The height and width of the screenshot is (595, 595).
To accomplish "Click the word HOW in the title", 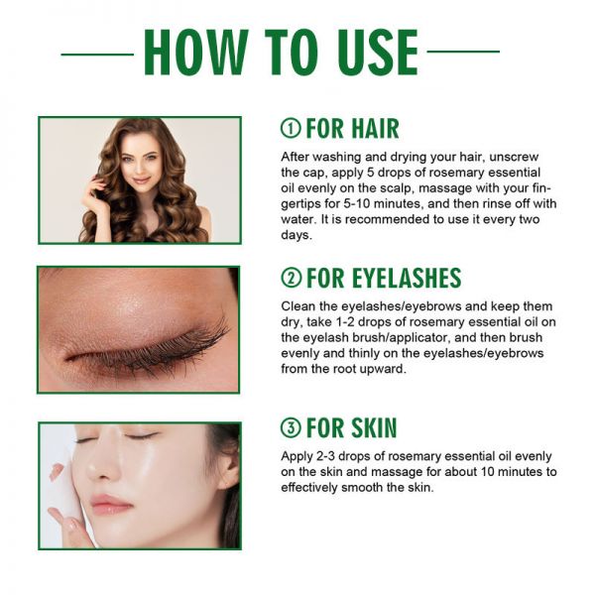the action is (195, 52).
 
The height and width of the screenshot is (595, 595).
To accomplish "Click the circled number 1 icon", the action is (291, 128).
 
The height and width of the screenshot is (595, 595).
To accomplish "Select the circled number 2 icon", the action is (291, 278).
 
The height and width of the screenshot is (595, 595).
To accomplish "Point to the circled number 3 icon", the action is (291, 427).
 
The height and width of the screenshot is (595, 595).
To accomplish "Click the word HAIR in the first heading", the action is (375, 128).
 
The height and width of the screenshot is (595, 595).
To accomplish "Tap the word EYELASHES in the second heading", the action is (407, 278).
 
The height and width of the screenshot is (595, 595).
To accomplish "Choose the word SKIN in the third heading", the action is (374, 427).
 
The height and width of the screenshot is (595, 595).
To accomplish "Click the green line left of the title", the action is (97, 55).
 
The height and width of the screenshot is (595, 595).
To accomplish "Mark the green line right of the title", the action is (463, 52).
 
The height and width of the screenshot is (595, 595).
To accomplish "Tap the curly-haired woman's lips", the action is (141, 179).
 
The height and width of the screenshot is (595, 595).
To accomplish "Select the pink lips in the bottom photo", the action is (110, 504).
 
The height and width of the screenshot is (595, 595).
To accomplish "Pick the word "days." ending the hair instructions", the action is (297, 235).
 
